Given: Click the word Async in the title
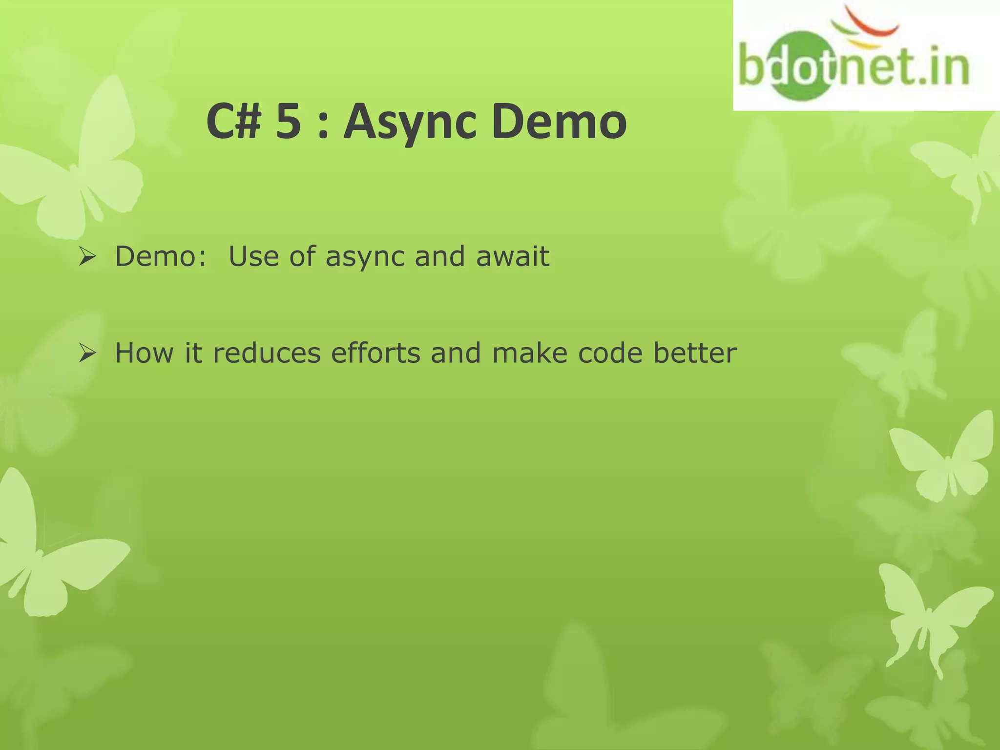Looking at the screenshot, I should (x=409, y=122).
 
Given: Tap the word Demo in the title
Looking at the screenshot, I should (x=559, y=122).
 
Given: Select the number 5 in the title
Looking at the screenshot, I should (x=288, y=122).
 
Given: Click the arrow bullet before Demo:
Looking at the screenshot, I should (x=87, y=257).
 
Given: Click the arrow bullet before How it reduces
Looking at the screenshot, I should (x=87, y=353).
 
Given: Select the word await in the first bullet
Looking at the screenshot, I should (x=513, y=257).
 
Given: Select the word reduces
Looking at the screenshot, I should (x=267, y=353).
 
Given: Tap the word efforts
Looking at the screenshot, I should (x=375, y=353).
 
